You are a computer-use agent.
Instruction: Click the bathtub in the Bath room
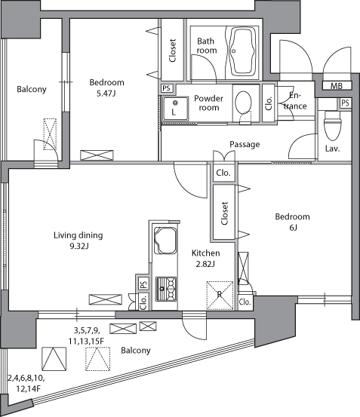coord(242,51)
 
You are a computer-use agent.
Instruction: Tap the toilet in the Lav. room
coord(332,125)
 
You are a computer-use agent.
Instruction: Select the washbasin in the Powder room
coord(243,103)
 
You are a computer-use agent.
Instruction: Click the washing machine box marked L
coord(175,109)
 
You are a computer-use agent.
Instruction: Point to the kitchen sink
coord(165,241)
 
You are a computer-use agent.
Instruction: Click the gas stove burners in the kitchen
coord(166,289)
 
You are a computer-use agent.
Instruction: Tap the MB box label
coord(337,86)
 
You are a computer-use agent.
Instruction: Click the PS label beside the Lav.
coord(345,103)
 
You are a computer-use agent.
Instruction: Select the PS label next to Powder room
coord(166,88)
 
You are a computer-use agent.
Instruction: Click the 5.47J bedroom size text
coord(106,94)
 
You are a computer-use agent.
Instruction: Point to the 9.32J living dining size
coord(79,247)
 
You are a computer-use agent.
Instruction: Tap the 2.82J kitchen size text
coord(205,264)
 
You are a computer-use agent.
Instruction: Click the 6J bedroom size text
coord(293,228)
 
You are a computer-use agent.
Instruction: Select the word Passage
coord(245,145)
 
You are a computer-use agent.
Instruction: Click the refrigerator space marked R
coord(220,296)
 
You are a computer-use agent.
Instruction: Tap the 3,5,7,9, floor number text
coord(87,330)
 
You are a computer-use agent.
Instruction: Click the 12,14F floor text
coord(28,389)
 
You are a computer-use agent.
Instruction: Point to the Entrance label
coord(295,101)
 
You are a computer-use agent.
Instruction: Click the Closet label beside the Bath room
coord(172,51)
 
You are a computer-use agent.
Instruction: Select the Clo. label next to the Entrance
coord(269,103)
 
